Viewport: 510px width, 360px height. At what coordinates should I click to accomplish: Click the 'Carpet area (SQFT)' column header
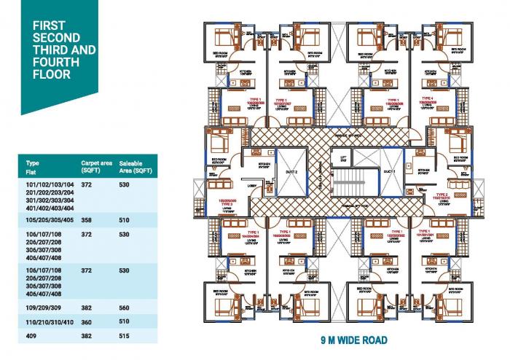click(95, 166)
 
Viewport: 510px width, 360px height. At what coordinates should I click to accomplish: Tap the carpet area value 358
click(87, 218)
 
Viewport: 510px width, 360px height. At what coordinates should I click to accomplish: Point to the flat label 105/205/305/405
click(49, 218)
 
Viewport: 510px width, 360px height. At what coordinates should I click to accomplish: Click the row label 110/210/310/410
click(49, 321)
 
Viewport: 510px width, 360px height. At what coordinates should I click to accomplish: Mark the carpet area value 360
click(87, 321)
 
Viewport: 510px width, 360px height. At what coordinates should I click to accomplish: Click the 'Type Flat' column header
click(32, 166)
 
